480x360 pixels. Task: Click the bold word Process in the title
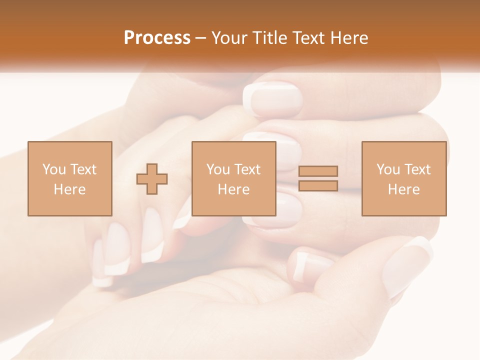point(157,38)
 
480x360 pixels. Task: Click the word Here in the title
point(350,38)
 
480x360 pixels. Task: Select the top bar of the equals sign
point(318,171)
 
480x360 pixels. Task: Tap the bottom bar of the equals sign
point(318,186)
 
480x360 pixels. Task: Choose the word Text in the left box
point(83,169)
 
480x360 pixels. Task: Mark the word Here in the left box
point(69,189)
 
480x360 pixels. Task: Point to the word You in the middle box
point(218,169)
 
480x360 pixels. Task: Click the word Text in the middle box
point(247,169)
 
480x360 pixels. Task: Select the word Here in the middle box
point(233,189)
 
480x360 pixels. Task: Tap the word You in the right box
point(388,169)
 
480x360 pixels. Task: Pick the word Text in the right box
point(417,169)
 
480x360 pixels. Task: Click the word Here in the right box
point(403,189)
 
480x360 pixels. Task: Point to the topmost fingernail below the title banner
point(272,99)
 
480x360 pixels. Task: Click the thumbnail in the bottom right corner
point(409,265)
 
